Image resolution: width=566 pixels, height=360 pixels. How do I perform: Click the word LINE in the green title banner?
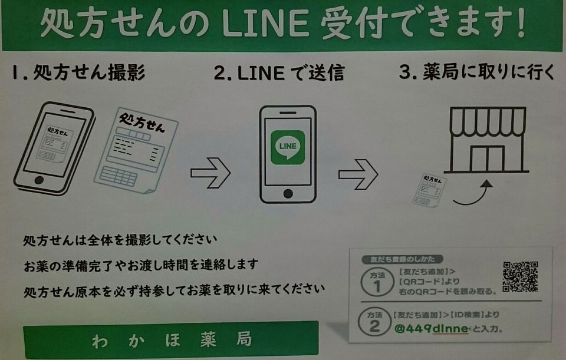pyautogui.click(x=265, y=24)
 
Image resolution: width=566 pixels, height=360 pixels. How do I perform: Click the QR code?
pyautogui.click(x=520, y=276)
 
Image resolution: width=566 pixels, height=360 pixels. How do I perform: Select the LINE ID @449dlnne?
pyautogui.click(x=432, y=329)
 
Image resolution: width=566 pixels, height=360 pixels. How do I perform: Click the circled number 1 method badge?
pyautogui.click(x=377, y=282)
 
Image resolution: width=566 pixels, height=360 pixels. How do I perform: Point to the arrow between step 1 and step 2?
pyautogui.click(x=210, y=173)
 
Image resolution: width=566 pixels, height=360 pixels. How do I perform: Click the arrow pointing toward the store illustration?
pyautogui.click(x=358, y=174)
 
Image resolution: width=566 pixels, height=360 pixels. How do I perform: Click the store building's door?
pyautogui.click(x=487, y=158)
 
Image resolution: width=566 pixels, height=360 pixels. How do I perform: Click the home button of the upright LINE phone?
pyautogui.click(x=288, y=194)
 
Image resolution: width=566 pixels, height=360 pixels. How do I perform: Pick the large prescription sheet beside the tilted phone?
pyautogui.click(x=136, y=150)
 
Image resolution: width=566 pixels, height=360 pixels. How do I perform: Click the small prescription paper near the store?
pyautogui.click(x=430, y=190)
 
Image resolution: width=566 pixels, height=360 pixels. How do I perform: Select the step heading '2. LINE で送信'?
pyautogui.click(x=279, y=72)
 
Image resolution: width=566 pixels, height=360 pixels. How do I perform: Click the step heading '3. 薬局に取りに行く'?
pyautogui.click(x=476, y=71)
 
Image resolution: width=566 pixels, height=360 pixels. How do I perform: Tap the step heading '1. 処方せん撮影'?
pyautogui.click(x=78, y=72)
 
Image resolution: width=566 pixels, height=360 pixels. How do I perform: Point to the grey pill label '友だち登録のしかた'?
pyautogui.click(x=402, y=259)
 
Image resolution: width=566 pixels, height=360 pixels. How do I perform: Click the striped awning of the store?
pyautogui.click(x=488, y=122)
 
